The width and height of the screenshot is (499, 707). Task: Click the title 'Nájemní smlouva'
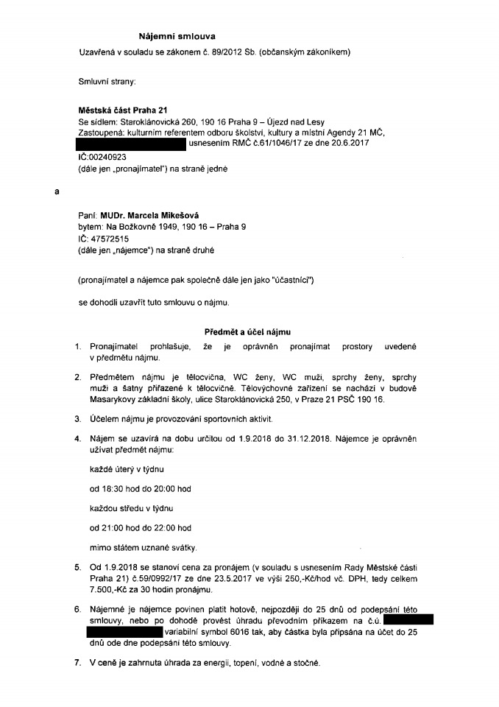pyautogui.click(x=177, y=35)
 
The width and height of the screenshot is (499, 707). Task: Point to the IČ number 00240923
pyautogui.click(x=109, y=158)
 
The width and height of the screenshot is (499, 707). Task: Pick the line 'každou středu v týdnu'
pyautogui.click(x=129, y=507)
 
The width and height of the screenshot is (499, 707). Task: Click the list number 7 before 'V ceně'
pyautogui.click(x=77, y=663)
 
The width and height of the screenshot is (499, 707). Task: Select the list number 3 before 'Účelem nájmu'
pyautogui.click(x=77, y=418)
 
